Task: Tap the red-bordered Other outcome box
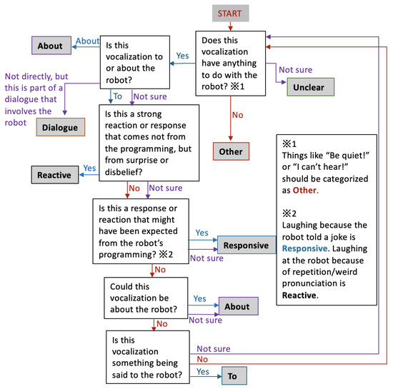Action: coord(231,151)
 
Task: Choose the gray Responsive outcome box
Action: coord(246,245)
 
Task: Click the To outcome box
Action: coord(232,375)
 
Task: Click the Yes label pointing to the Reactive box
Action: coord(90,168)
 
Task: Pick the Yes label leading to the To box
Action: coord(202,371)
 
